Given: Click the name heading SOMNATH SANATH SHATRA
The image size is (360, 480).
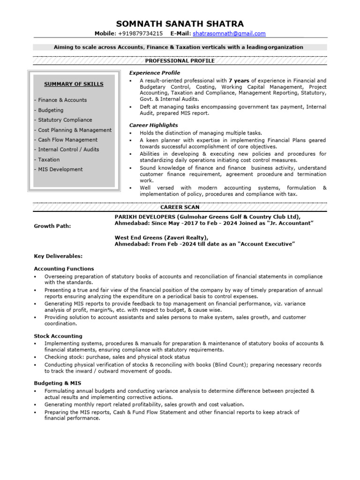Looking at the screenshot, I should (x=180, y=24).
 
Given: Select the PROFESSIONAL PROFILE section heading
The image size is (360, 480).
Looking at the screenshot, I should (x=180, y=61).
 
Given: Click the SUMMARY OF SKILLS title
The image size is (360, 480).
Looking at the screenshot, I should (x=74, y=84).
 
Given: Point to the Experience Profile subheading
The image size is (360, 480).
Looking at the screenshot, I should (x=154, y=73).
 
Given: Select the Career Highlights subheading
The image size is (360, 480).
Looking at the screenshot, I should (x=153, y=125).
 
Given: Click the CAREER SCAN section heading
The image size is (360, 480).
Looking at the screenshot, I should (x=180, y=207).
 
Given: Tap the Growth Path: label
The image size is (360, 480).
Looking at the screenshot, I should (x=52, y=226).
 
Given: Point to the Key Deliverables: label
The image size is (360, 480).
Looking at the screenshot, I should (x=58, y=256).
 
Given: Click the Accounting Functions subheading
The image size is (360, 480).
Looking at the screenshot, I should (x=64, y=269).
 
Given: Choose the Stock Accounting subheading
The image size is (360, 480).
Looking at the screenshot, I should (x=58, y=336).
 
